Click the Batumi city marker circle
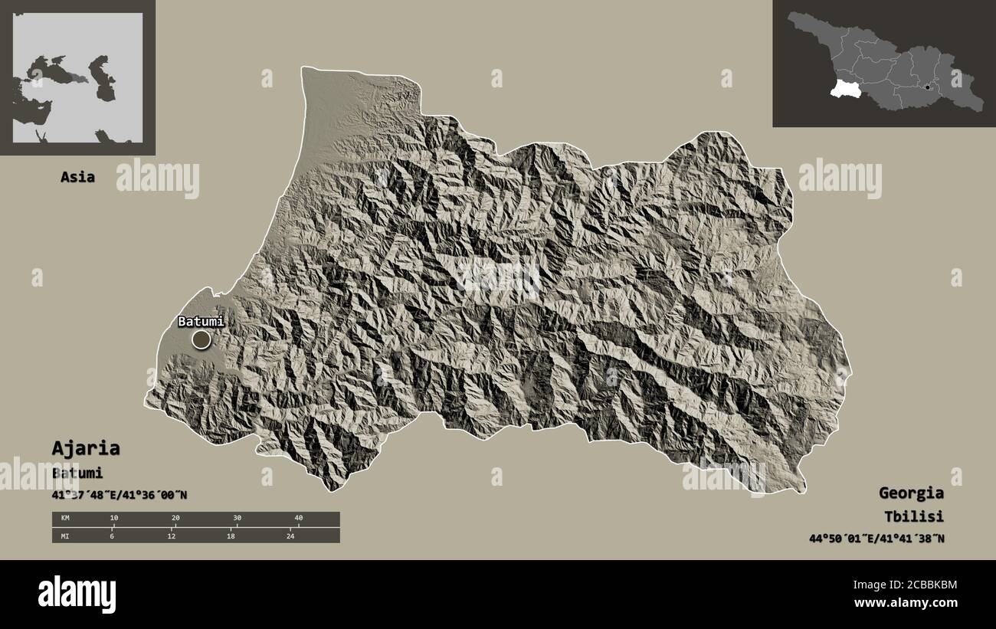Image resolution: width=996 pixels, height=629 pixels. tap(201, 339)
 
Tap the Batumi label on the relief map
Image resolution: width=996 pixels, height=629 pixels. tap(201, 322)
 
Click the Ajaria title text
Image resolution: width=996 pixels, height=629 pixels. tap(85, 448)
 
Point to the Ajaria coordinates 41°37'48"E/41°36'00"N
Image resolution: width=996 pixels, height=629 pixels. tap(119, 495)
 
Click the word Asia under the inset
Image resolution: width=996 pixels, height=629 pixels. tap(77, 177)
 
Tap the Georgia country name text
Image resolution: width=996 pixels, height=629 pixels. tap(911, 493)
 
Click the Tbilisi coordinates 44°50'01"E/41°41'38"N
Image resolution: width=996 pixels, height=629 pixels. tap(876, 539)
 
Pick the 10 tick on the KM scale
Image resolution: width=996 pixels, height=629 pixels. tap(114, 519)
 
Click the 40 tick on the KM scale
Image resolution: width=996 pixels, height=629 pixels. tap(299, 519)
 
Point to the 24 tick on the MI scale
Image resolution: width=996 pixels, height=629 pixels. tap(290, 536)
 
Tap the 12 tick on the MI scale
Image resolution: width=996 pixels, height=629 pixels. tap(172, 536)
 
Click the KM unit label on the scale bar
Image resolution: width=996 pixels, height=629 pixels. tap(65, 519)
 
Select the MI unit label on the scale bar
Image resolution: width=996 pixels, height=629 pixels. tap(65, 536)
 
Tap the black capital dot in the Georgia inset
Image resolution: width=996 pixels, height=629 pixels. tap(927, 87)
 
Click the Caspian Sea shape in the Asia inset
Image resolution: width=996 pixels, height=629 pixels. tap(103, 77)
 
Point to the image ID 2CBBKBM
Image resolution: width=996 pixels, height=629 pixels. tap(926, 585)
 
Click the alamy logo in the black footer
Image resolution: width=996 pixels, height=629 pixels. tap(77, 594)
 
